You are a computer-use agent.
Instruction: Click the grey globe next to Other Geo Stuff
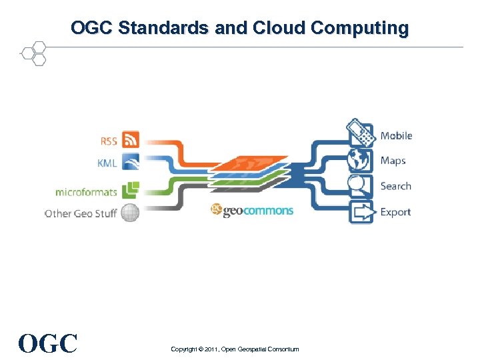tap(130, 213)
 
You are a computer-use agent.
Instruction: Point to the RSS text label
tap(108, 141)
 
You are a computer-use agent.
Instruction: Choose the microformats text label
tap(86, 192)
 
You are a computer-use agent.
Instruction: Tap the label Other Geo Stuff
tap(80, 214)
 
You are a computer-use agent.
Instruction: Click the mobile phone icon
tap(361, 133)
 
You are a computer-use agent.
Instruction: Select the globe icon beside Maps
tap(361, 160)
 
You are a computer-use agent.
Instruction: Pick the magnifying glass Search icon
tap(361, 186)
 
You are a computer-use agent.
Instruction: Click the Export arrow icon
tap(361, 213)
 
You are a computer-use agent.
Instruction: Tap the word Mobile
tap(396, 136)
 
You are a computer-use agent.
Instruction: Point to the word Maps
tap(393, 161)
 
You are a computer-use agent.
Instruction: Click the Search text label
tap(395, 187)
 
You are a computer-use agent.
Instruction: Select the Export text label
tap(395, 213)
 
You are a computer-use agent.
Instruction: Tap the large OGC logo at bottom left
tap(48, 343)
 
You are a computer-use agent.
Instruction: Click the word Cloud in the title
tap(277, 29)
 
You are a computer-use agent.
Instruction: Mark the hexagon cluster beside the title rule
tap(33, 53)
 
